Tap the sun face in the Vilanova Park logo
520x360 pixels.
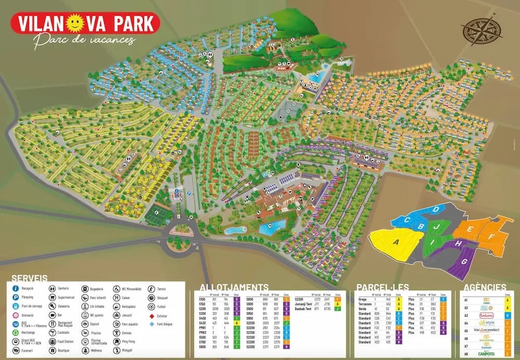coord(77,23)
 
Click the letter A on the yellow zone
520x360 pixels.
coord(396,242)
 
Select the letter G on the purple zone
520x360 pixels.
coord(464,262)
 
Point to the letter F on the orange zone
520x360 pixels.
coord(490,237)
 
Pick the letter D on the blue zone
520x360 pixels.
coord(436,210)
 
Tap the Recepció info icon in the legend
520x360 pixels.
coord(16,288)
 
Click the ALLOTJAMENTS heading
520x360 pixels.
coord(234,287)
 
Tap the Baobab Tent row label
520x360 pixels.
coord(304,308)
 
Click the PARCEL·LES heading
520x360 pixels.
coord(383,287)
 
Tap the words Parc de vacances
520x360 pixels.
coord(84,41)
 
